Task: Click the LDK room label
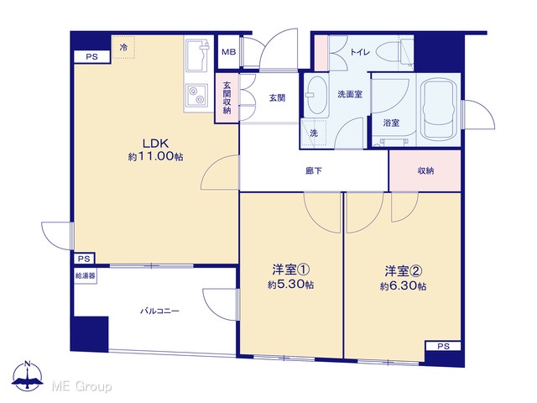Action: point(155,143)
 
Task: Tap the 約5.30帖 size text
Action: point(290,285)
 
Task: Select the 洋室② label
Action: point(403,271)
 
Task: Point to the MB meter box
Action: point(228,52)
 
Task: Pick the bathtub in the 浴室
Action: point(439,109)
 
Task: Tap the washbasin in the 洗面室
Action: point(316,95)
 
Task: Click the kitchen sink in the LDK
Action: point(198,55)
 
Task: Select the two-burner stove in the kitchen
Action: point(196,95)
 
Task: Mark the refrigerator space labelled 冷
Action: point(123,47)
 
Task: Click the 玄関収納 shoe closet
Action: point(227,97)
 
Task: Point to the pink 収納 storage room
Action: point(425,170)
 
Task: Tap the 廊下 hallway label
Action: point(314,170)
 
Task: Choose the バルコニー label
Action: point(159,311)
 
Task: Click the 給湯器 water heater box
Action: point(86,275)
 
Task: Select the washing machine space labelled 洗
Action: point(313,133)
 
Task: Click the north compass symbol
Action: point(28,376)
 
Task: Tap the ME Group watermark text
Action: point(81,386)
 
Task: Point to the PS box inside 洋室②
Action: point(443,347)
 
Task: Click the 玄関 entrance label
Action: point(277,98)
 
